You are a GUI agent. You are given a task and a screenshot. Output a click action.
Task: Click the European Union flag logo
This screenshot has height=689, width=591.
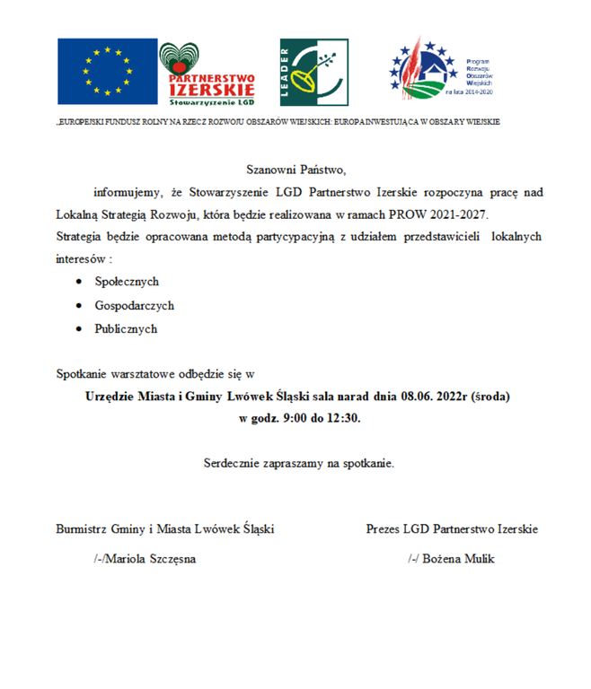click(106, 71)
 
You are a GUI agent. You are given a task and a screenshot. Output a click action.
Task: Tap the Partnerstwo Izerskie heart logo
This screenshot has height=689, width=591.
click(207, 73)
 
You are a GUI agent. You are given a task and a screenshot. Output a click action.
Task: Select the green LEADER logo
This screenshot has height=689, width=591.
click(313, 72)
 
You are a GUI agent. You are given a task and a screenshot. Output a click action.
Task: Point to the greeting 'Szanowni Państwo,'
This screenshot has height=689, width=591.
click(295, 169)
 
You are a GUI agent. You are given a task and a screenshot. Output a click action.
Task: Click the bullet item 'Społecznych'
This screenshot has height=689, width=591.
click(127, 282)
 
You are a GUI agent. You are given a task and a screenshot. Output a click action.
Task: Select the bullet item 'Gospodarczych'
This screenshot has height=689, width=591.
click(134, 305)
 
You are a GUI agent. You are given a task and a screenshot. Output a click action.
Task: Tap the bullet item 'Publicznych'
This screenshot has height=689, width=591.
click(126, 328)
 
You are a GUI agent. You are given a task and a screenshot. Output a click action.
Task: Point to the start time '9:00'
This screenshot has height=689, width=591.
click(295, 418)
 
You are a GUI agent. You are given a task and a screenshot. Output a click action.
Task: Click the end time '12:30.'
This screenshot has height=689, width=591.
click(345, 418)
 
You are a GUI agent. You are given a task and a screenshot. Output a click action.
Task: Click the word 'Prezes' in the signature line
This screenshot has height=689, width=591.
click(383, 528)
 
